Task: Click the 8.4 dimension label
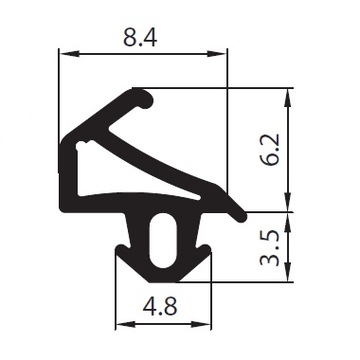(140, 37)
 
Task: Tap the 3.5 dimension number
(269, 247)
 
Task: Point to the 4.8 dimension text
(160, 307)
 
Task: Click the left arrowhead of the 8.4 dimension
(69, 54)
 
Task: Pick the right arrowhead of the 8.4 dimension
(217, 54)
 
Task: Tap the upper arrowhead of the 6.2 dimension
(288, 98)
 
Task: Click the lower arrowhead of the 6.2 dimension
(288, 201)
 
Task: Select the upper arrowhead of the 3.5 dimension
(288, 222)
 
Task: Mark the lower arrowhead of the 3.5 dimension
(288, 272)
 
